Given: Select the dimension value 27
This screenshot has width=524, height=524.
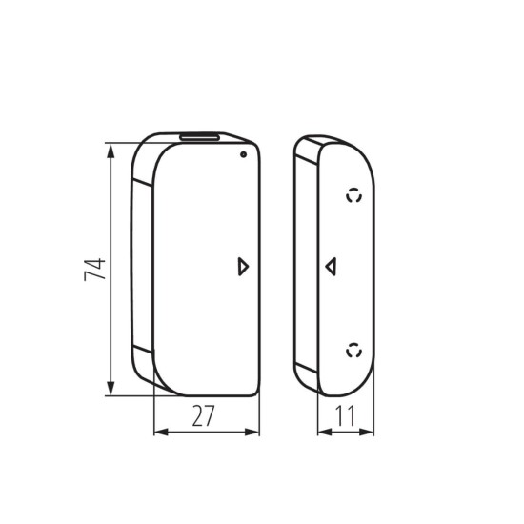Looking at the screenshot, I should pyautogui.click(x=204, y=415).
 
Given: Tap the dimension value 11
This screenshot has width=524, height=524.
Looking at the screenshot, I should pyautogui.click(x=345, y=415).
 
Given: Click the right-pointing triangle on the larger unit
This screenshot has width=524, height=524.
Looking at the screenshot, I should pyautogui.click(x=244, y=267).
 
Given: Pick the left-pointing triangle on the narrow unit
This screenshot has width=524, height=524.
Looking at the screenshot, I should pyautogui.click(x=330, y=266).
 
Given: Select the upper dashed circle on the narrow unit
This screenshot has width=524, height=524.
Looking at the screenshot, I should pyautogui.click(x=354, y=196).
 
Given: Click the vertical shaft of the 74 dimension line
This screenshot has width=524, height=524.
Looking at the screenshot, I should pyautogui.click(x=112, y=286).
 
